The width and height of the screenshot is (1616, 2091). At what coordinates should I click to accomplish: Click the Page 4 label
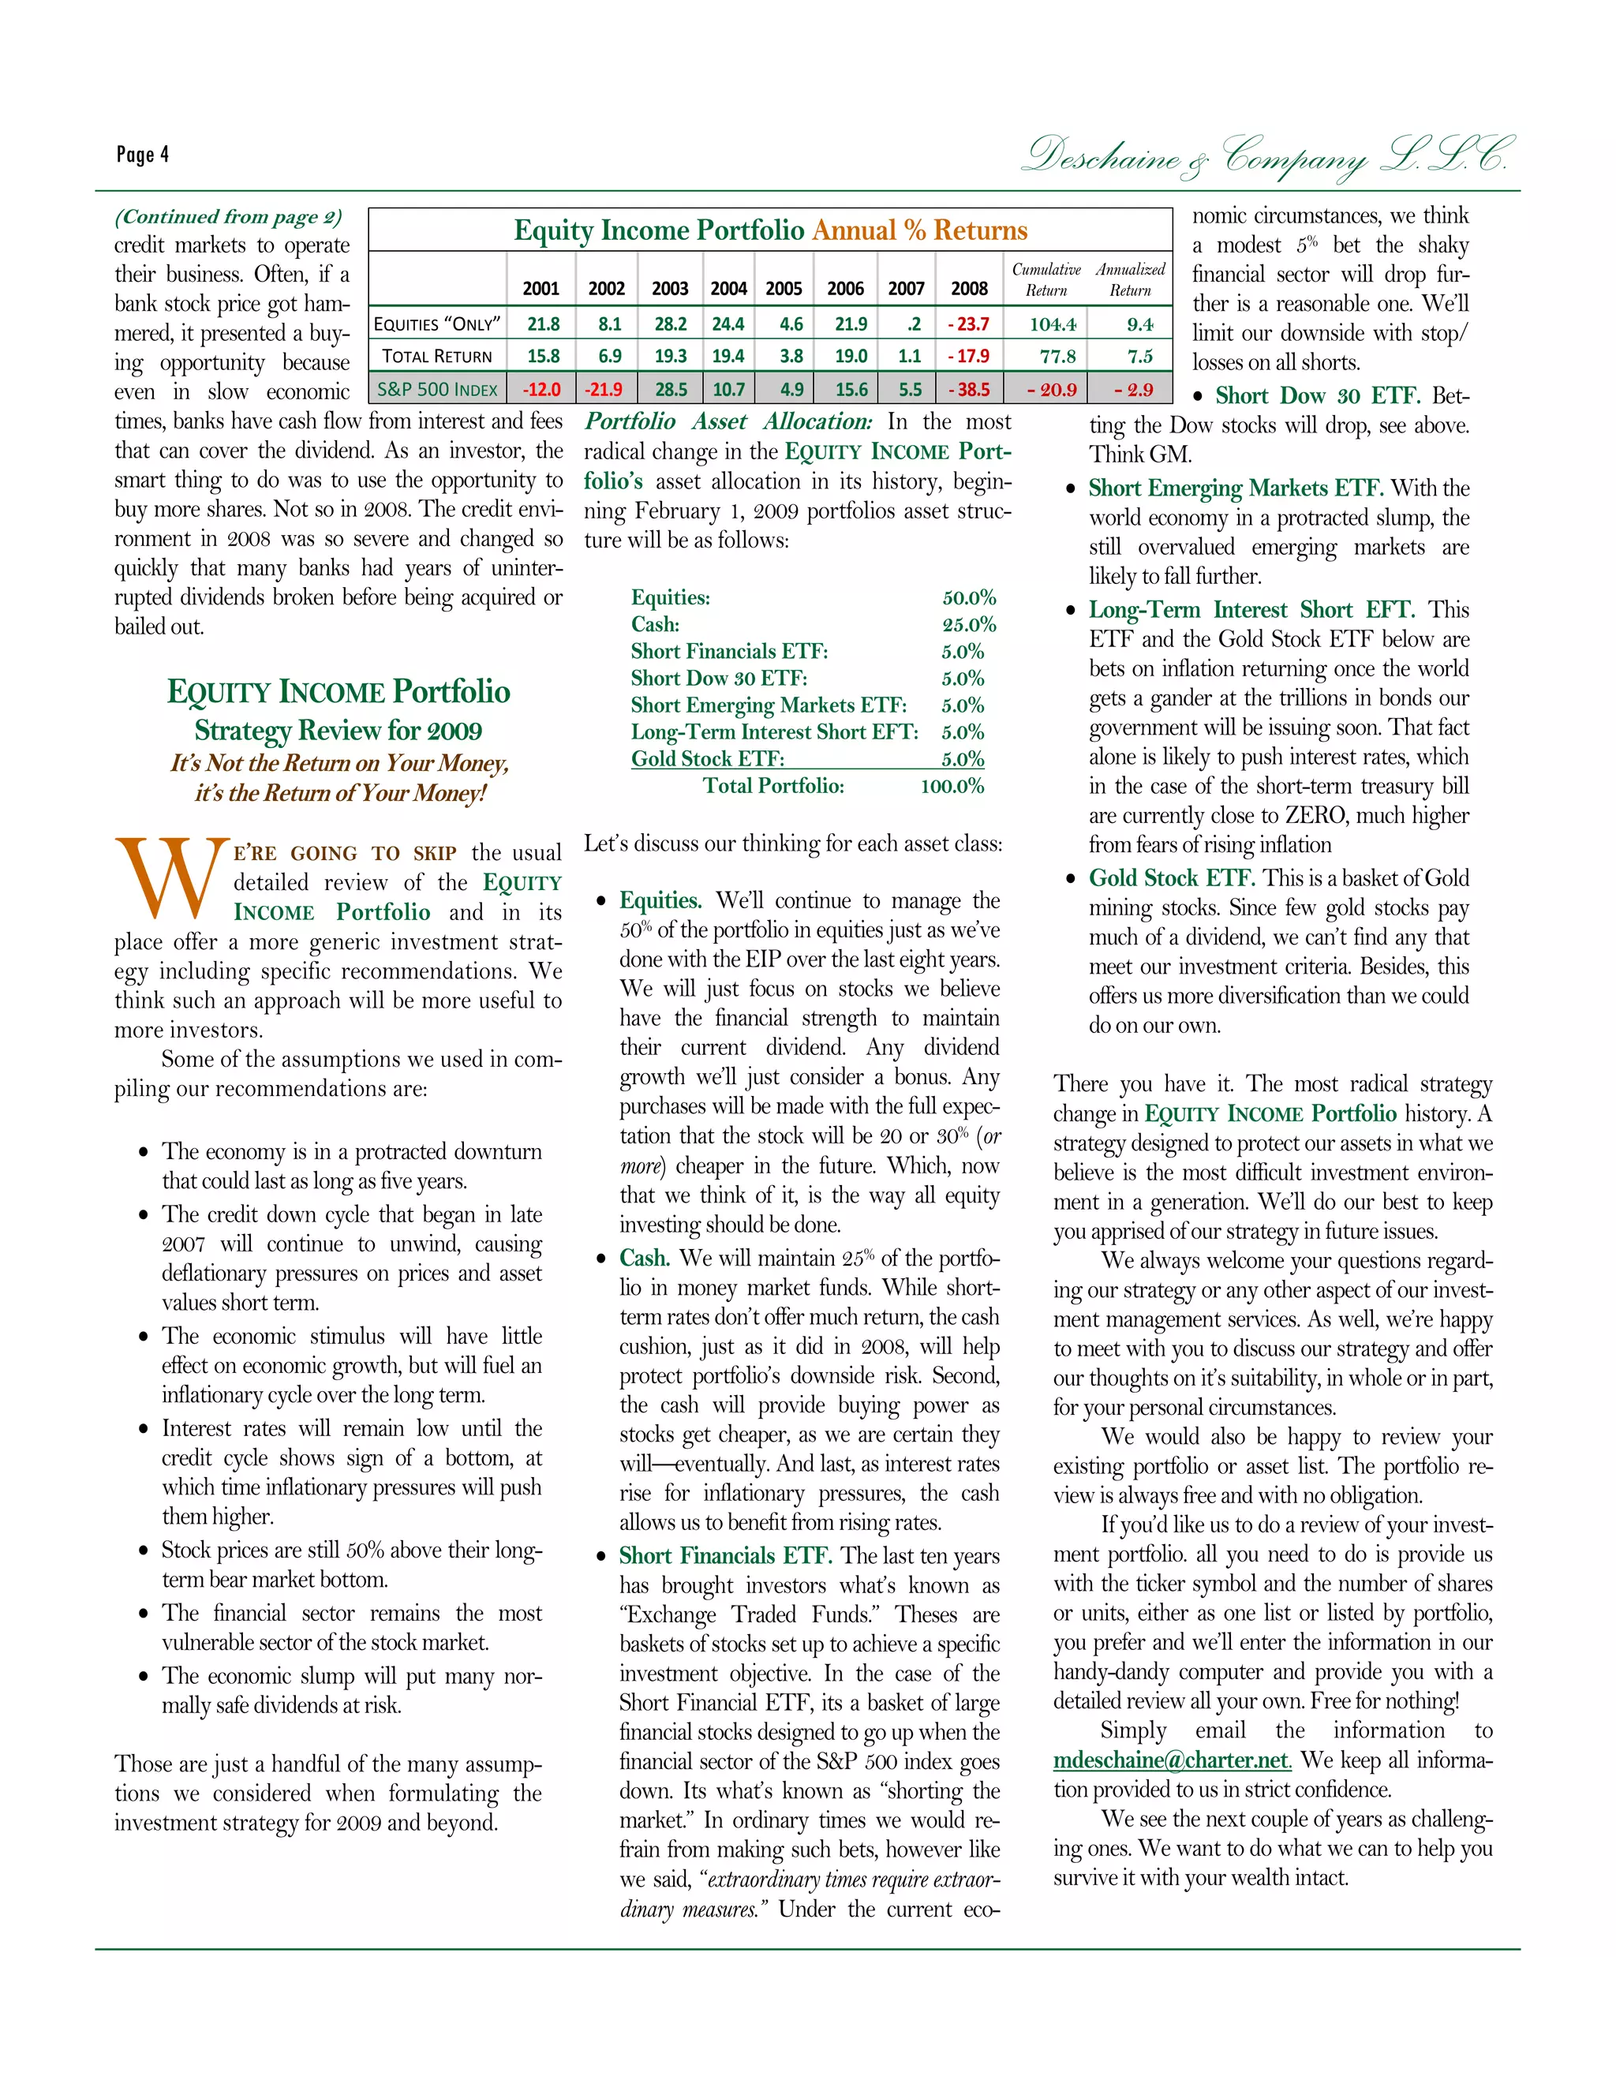[x=143, y=154]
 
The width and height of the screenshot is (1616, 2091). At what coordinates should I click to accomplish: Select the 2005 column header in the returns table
[x=783, y=288]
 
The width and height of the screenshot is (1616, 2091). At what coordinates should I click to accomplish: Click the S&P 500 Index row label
[x=436, y=390]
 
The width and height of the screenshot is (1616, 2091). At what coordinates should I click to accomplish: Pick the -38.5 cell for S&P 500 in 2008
[x=969, y=390]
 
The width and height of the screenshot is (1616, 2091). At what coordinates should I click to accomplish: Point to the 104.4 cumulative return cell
[x=1052, y=324]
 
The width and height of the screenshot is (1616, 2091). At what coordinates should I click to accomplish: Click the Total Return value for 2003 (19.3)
[x=670, y=356]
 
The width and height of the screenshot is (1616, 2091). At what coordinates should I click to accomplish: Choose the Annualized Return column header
[x=1130, y=279]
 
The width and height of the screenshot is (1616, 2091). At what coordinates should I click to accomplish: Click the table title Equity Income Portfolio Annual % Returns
[x=769, y=230]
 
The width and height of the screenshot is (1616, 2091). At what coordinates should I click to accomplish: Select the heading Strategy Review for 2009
[x=338, y=731]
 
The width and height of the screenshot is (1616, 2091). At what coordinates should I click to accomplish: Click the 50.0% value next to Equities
[x=969, y=598]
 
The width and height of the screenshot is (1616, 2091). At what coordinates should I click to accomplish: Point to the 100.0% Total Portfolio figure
[x=952, y=787]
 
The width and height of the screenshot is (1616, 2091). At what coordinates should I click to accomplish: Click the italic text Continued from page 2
[x=228, y=217]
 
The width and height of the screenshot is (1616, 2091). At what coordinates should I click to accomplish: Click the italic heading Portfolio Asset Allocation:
[x=728, y=422]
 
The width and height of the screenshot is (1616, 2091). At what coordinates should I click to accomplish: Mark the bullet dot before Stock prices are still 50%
[x=144, y=1551]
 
